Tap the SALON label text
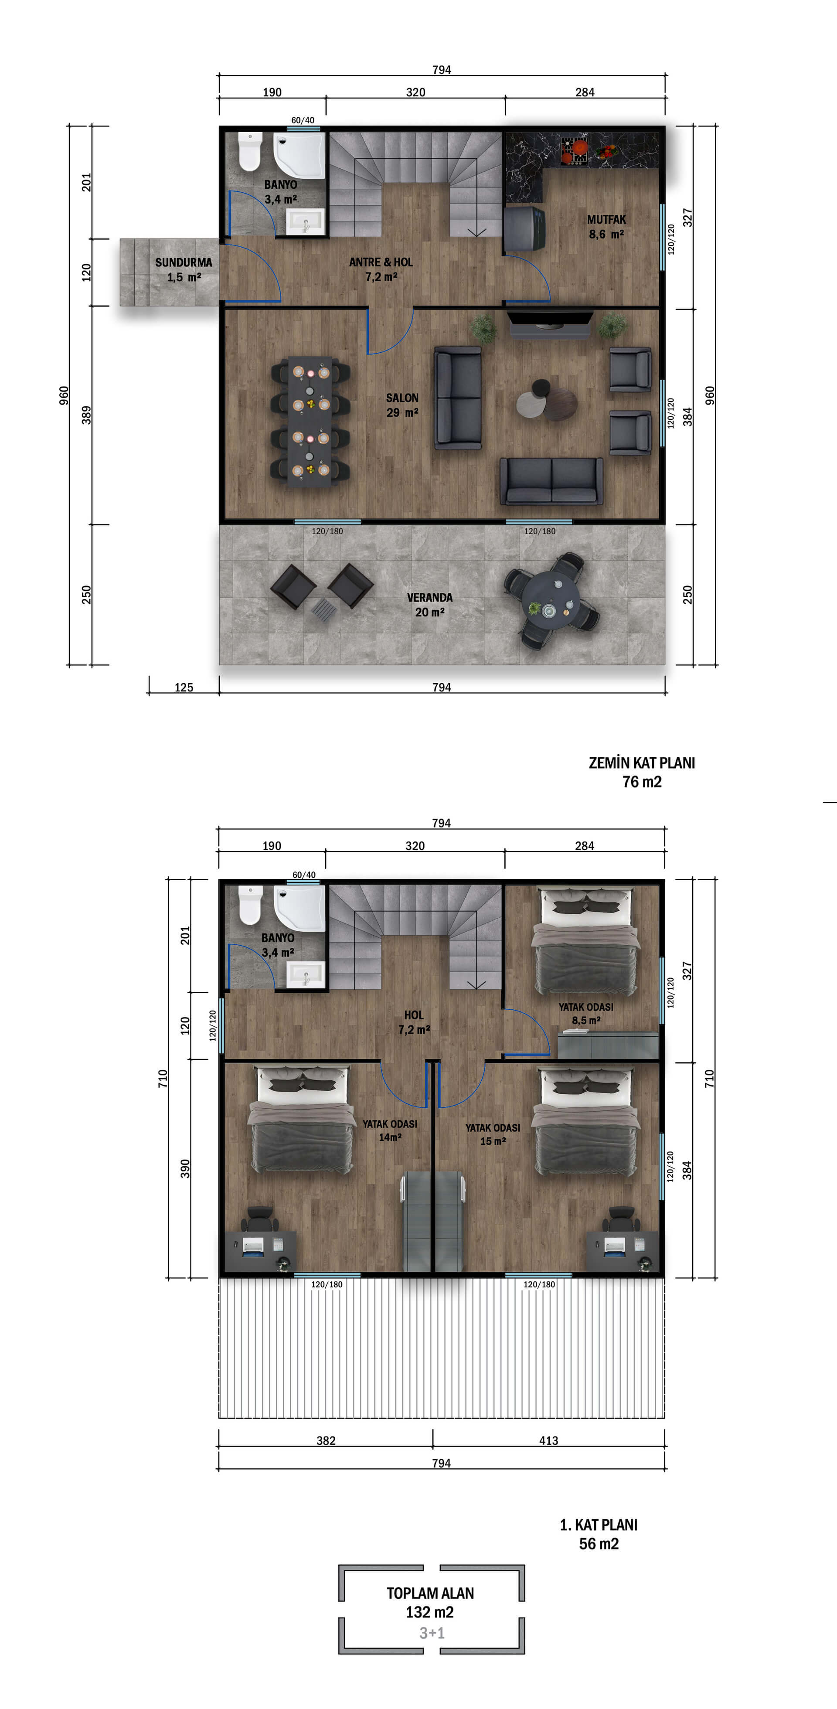pos(402,398)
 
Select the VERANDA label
pos(430,598)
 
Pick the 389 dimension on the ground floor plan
pos(86,415)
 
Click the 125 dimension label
pos(184,688)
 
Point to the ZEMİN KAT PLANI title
pos(641,763)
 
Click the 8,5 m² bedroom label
pos(586,1020)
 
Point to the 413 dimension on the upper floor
pos(548,1440)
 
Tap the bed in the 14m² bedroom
pos(300,1121)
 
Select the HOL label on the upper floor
pos(414,1015)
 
